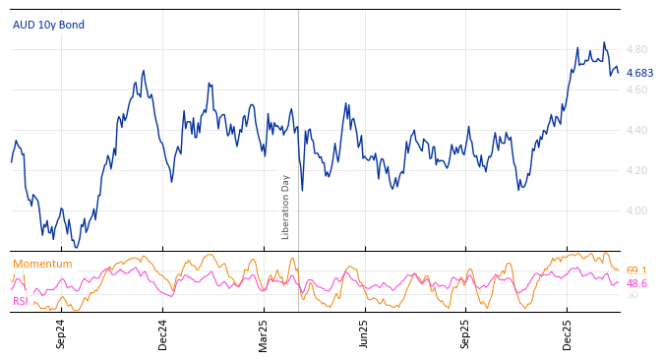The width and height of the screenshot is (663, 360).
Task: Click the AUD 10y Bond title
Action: coord(48,25)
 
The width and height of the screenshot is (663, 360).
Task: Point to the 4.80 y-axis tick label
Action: coord(636,49)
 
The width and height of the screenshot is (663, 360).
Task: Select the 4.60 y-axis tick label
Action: coord(636,90)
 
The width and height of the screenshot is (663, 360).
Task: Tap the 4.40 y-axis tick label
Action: coord(636,130)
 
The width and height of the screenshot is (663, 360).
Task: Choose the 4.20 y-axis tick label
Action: coord(636,170)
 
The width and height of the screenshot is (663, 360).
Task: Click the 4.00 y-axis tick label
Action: coord(636,210)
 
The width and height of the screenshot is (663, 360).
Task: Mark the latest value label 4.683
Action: coord(639,73)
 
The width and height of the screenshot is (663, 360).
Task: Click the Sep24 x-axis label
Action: coord(61,333)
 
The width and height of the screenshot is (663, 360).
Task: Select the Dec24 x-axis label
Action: coord(162,333)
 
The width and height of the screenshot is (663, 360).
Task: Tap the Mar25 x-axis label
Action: coord(264,333)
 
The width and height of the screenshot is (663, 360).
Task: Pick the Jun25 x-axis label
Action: coord(364,333)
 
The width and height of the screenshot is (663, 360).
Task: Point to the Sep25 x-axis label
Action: coord(465,333)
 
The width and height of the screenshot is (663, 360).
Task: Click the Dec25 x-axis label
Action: coord(567,333)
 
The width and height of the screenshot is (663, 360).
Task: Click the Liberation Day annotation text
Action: coord(286,207)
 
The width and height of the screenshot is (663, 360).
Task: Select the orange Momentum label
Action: coord(42,264)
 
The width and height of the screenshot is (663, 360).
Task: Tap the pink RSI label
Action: coord(20,301)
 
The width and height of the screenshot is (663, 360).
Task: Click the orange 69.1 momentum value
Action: coord(635,270)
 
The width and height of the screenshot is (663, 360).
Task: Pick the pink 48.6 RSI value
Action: coord(635,283)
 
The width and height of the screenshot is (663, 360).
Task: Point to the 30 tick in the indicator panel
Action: coord(632,294)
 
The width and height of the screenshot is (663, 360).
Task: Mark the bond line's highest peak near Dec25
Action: coord(604,42)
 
